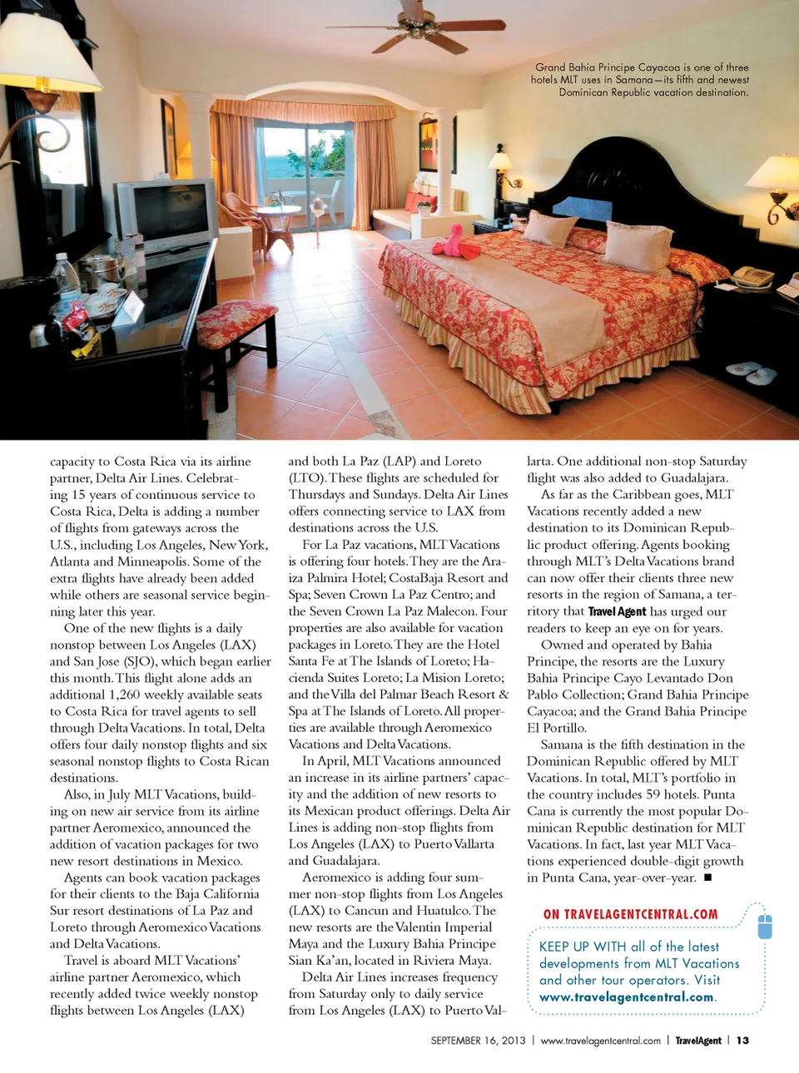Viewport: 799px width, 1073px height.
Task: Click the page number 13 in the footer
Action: tap(742, 1041)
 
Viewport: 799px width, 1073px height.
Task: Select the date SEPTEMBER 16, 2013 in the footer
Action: tap(478, 1041)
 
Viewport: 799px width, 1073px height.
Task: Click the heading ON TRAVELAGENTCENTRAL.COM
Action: tap(630, 914)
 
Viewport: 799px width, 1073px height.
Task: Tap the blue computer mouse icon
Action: tap(765, 925)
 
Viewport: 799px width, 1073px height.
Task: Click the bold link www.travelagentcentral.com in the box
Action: tap(626, 997)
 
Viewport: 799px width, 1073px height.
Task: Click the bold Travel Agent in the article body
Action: tap(617, 611)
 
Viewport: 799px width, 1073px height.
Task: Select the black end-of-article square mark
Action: tap(707, 878)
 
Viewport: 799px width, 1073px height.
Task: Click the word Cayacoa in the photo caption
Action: tap(658, 67)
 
